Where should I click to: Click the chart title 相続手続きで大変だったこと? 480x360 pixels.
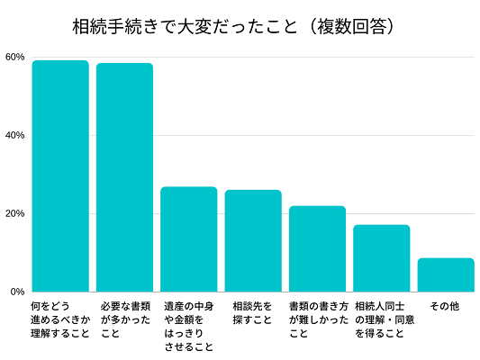pyautogui.click(x=184, y=26)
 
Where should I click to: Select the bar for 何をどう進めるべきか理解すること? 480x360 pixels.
pyautogui.click(x=60, y=175)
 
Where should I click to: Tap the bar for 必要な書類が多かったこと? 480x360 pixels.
pyautogui.click(x=124, y=177)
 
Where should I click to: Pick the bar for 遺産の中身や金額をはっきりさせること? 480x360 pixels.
pyautogui.click(x=189, y=238)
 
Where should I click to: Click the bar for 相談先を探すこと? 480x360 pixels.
pyautogui.click(x=253, y=240)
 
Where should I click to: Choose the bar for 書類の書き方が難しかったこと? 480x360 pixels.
pyautogui.click(x=317, y=248)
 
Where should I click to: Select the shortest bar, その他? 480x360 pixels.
pyautogui.click(x=446, y=274)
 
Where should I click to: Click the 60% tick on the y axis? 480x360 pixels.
pyautogui.click(x=14, y=57)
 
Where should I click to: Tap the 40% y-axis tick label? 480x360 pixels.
pyautogui.click(x=14, y=135)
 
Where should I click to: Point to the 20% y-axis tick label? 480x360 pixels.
pyautogui.click(x=14, y=213)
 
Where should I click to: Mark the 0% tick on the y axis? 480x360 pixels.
pyautogui.click(x=17, y=292)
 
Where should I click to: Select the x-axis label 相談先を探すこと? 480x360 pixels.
pyautogui.click(x=252, y=313)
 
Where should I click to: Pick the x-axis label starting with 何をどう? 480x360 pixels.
pyautogui.click(x=60, y=319)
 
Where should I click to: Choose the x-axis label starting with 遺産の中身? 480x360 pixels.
pyautogui.click(x=189, y=326)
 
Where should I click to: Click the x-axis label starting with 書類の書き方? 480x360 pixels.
pyautogui.click(x=317, y=319)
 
